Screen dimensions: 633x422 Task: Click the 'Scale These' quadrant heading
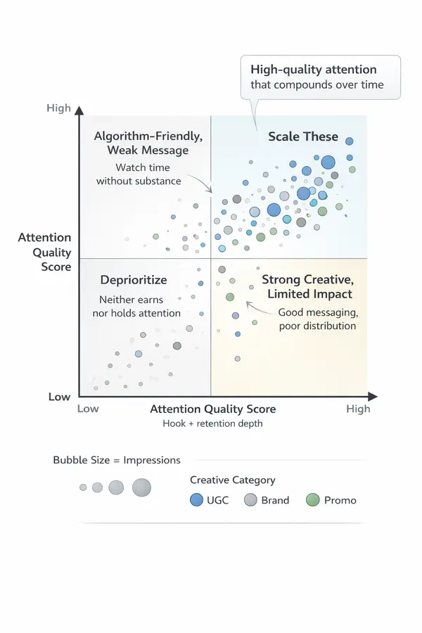point(303,136)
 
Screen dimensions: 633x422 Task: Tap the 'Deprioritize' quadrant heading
point(133,281)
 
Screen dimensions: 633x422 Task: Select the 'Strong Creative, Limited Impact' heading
point(307,286)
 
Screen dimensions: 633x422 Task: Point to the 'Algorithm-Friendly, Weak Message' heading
point(141,142)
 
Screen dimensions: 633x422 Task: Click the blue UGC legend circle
point(197,500)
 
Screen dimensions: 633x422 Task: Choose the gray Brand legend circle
point(250,500)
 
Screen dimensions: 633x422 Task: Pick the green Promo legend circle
point(313,500)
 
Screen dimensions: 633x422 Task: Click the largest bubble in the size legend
point(141,487)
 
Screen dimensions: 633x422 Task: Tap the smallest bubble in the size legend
point(83,487)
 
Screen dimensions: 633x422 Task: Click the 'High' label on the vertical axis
point(58,108)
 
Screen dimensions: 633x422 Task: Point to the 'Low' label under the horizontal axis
point(88,409)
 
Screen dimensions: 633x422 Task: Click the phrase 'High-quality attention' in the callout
point(314,70)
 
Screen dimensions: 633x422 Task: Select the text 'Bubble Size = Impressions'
point(117,460)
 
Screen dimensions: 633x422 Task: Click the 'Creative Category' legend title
point(233,480)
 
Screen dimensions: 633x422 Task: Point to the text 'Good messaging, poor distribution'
point(317,319)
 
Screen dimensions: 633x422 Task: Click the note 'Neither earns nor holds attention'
point(136,306)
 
